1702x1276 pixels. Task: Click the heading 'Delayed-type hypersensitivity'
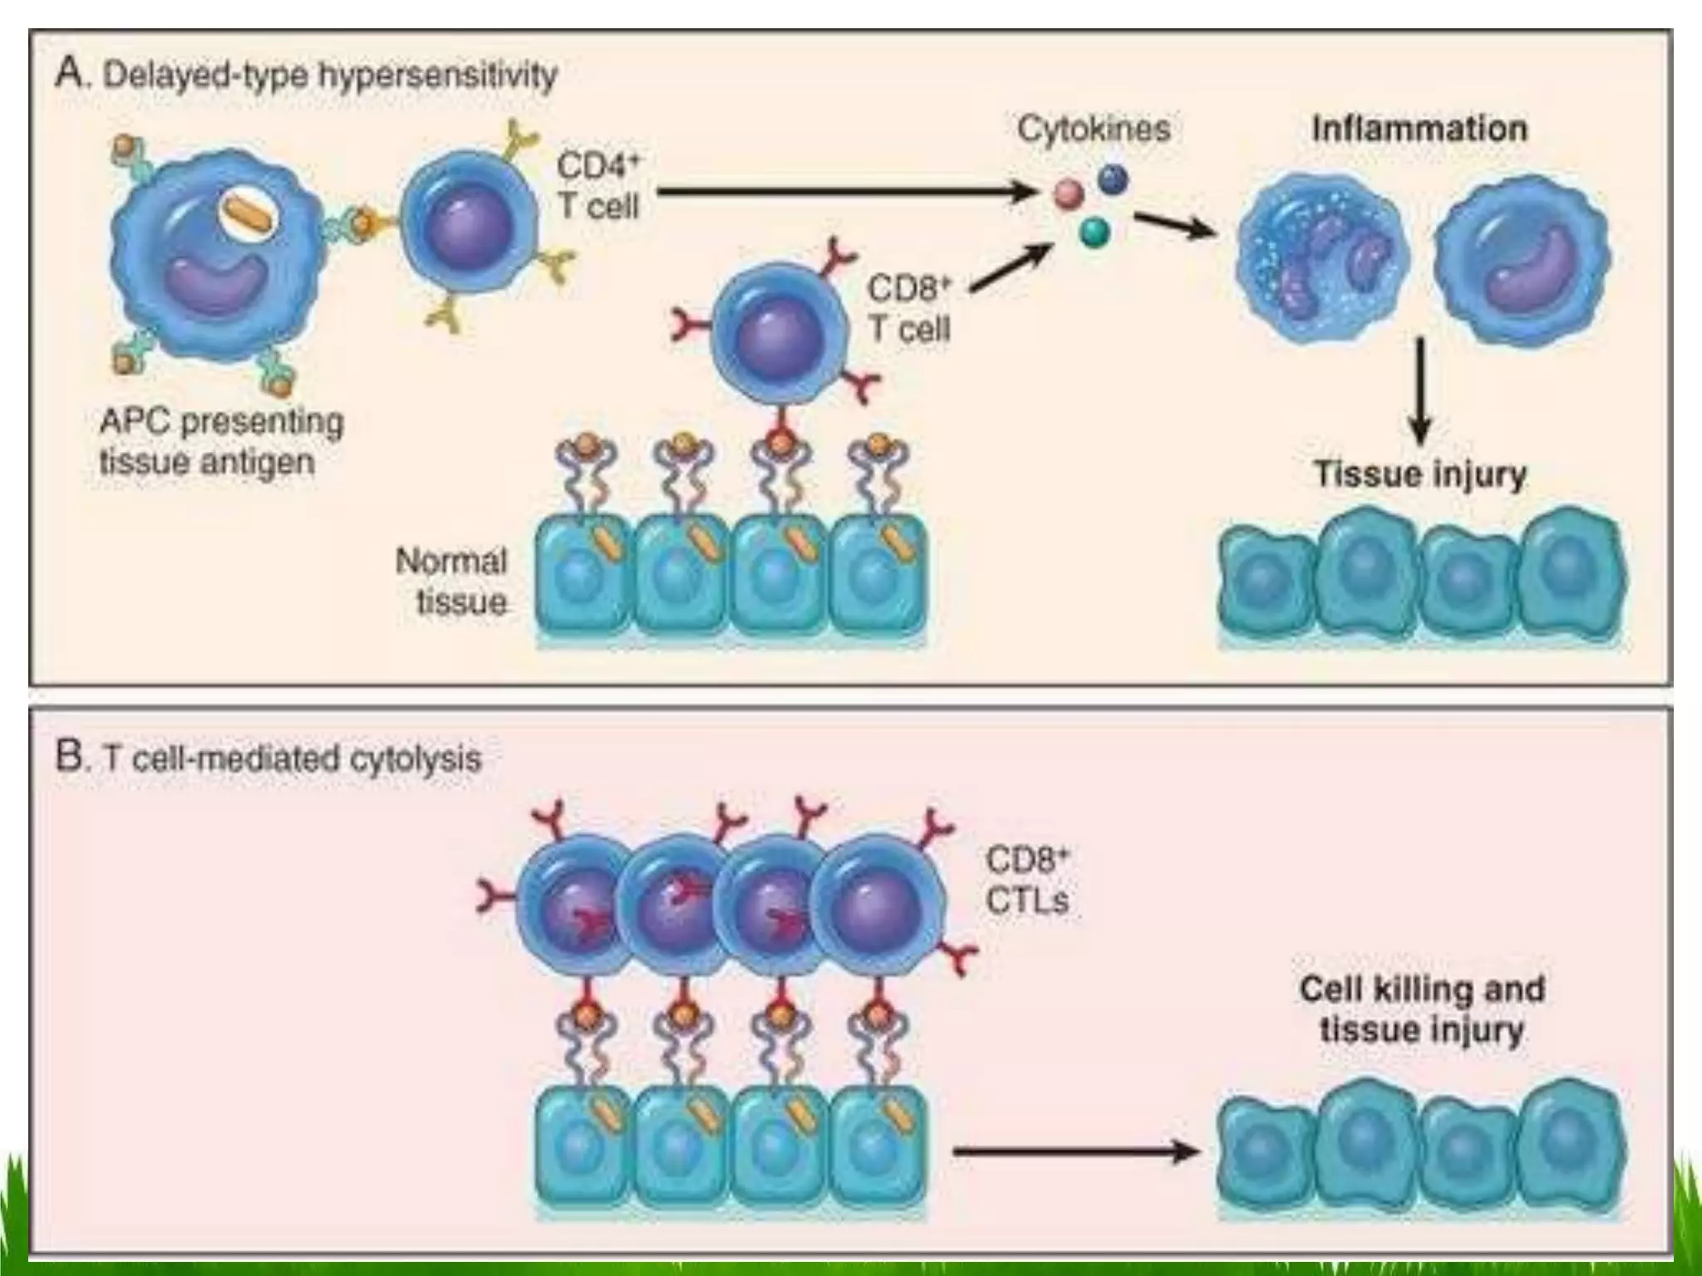[x=329, y=76]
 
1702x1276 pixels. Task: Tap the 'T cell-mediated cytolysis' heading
[x=291, y=758]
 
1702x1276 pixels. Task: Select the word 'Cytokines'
[x=1094, y=129]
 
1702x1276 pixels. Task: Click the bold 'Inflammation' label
[x=1419, y=129]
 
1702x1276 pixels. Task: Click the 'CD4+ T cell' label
[x=598, y=186]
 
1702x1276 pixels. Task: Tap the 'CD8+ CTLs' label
[x=1027, y=881]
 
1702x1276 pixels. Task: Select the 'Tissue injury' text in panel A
[x=1420, y=474]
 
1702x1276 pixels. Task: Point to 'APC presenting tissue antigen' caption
[x=221, y=442]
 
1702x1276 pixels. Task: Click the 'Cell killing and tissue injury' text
[x=1422, y=1009]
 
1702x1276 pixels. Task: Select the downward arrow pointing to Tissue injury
[x=1420, y=390]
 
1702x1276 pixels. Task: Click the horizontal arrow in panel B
[x=1076, y=1151]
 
